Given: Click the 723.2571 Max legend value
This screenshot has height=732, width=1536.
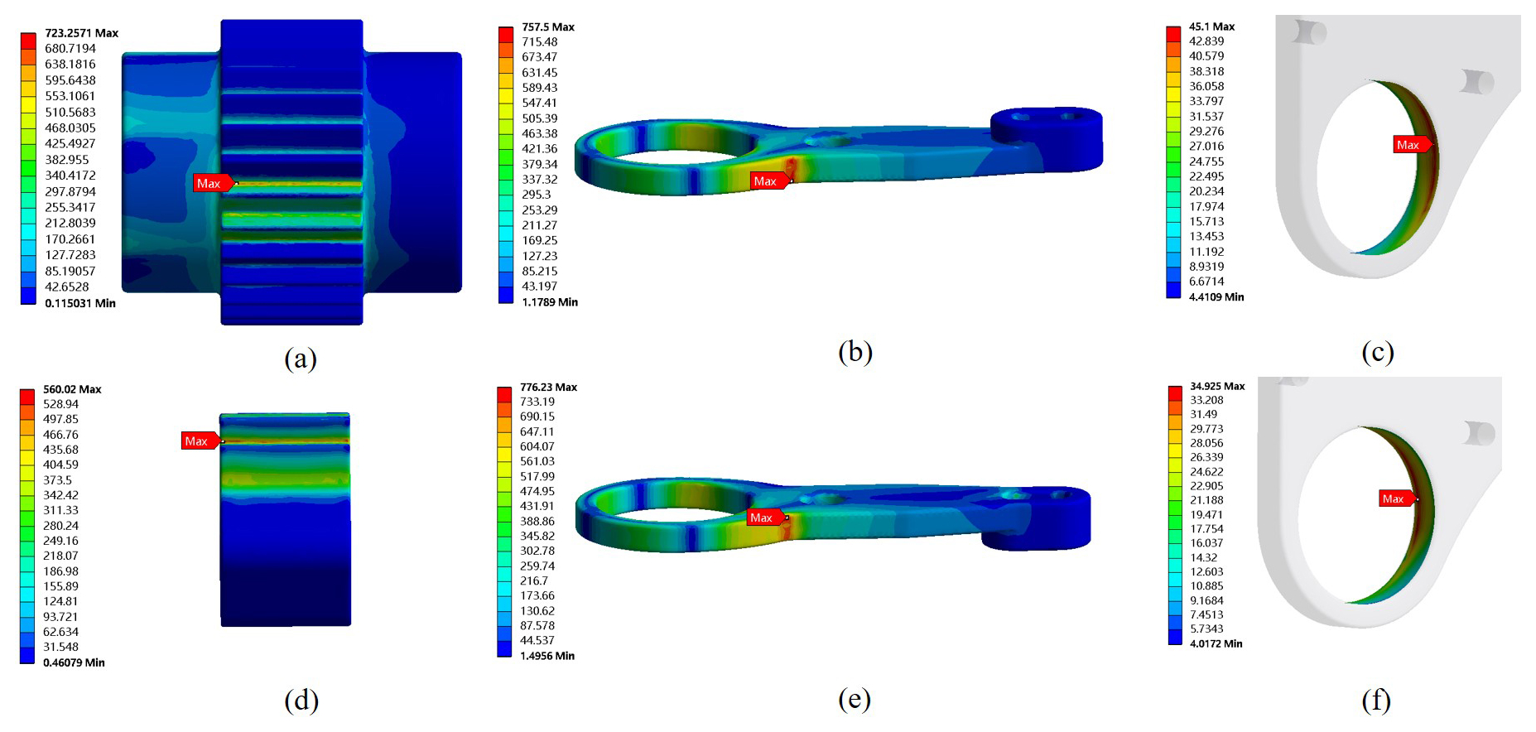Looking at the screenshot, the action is point(81,33).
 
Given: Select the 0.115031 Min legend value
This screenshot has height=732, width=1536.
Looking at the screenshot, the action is point(80,303).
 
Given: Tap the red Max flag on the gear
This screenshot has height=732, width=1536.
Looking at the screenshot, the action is point(214,183).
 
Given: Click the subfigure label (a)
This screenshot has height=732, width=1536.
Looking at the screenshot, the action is point(301,358).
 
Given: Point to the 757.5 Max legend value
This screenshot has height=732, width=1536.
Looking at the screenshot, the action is point(547,26).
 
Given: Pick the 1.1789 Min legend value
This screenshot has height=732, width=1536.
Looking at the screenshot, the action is point(549,302).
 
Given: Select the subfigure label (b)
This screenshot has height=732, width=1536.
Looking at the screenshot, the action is point(855,352).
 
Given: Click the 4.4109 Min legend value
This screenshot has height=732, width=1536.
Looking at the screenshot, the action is point(1216,296).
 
